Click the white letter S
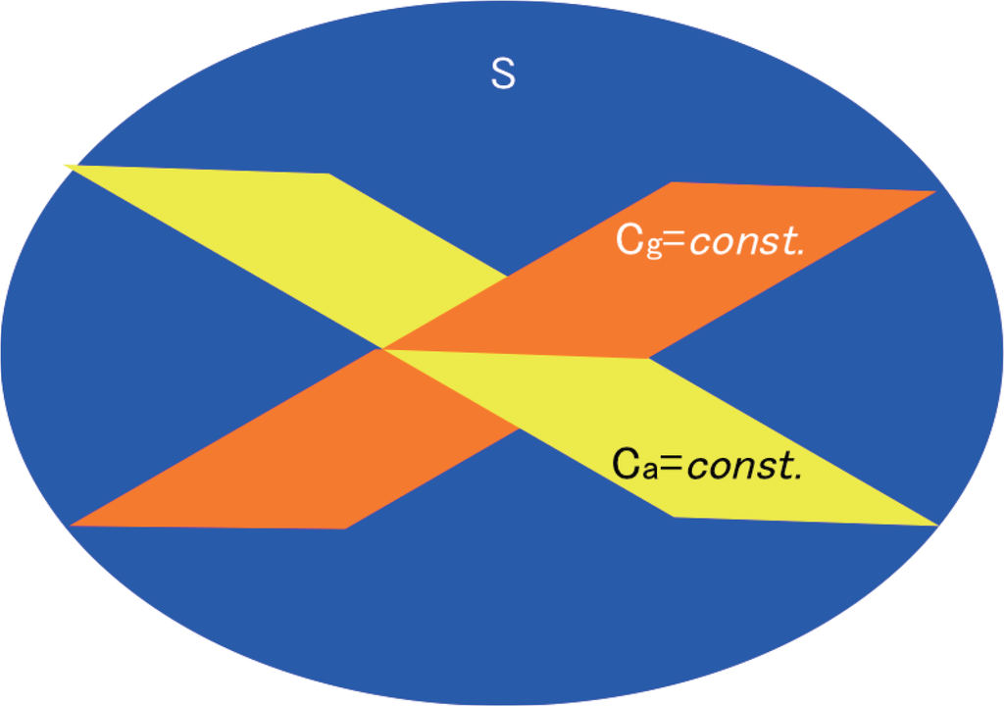502,75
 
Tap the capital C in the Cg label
627,239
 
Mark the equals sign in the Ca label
671,466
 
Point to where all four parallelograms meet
382,348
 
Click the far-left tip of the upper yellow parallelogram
67,166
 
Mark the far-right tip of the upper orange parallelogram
934,191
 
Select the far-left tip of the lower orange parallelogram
73,525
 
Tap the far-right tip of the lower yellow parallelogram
936,525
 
